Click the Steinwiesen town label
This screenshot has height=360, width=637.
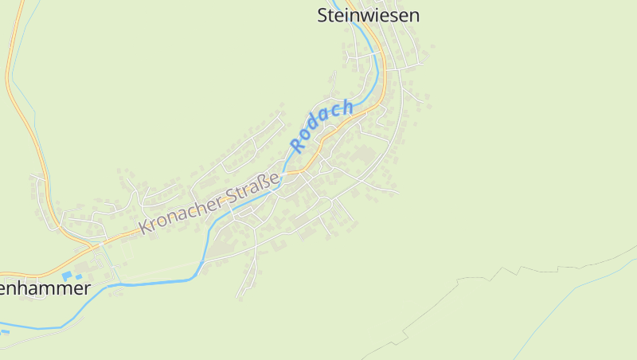[368, 15]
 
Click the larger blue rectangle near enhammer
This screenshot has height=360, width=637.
[67, 276]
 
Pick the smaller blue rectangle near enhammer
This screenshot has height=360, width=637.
[79, 276]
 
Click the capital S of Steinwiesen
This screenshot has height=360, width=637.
[323, 15]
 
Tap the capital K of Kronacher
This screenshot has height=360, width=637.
[145, 227]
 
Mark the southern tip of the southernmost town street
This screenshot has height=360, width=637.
[237, 297]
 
